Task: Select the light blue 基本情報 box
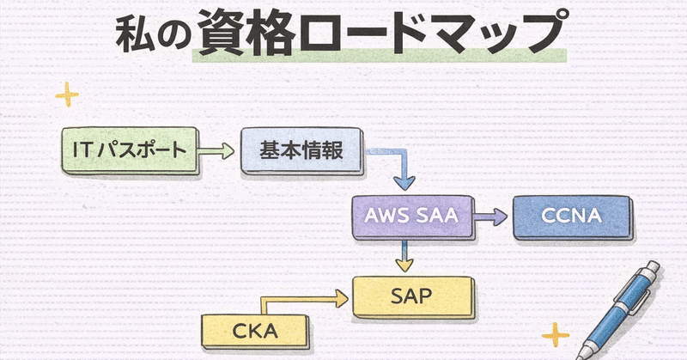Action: pos(301,151)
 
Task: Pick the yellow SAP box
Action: pos(415,297)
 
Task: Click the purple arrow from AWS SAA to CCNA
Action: pos(490,217)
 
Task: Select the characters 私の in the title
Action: pos(149,34)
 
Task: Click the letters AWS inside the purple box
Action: pos(386,217)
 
